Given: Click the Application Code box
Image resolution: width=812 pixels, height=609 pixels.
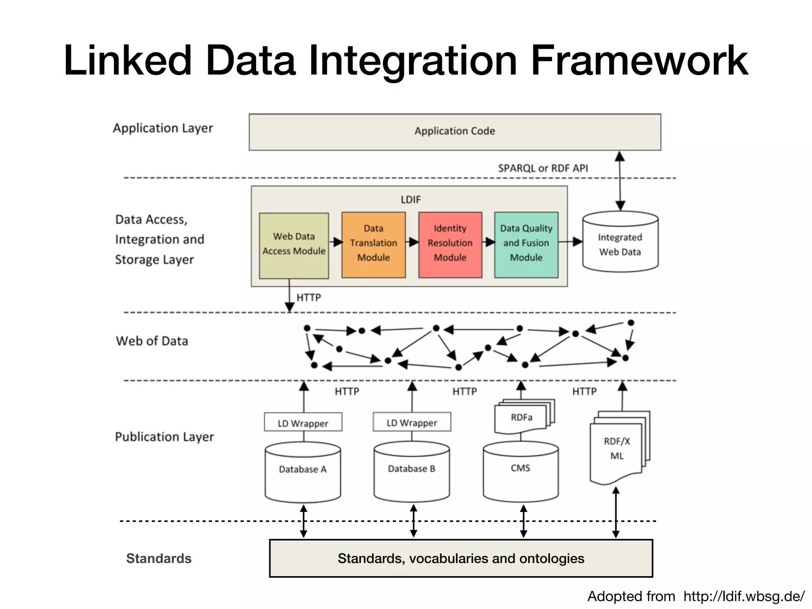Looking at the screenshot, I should coord(455,132).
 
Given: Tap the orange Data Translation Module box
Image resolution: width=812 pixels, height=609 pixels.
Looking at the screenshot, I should coord(373,244).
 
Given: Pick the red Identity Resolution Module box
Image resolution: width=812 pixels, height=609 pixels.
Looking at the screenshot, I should coord(450,244).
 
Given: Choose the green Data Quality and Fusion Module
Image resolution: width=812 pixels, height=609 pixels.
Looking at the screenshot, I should coord(526,244).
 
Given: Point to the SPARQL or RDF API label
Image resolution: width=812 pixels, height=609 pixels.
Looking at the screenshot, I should coord(543,168).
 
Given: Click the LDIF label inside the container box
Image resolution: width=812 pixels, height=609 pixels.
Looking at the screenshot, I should coord(410,199).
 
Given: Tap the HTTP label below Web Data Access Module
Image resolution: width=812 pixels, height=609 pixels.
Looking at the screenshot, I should coord(308,297).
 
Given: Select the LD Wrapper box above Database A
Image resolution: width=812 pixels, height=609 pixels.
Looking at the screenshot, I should coord(303,423).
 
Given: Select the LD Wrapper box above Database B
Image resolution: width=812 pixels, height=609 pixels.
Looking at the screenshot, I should coord(412,422).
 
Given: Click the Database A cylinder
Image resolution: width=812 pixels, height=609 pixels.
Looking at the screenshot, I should coord(303,472).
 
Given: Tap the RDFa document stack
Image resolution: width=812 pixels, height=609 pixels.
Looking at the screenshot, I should coord(522,417).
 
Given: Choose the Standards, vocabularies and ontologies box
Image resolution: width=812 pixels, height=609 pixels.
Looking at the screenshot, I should coord(461,558).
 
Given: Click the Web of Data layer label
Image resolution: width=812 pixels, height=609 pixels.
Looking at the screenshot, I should coord(152,341).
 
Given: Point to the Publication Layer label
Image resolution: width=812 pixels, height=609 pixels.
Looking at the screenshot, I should coord(164,437).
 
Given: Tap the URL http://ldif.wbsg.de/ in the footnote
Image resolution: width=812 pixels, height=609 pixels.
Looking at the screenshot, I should coord(744,596).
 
